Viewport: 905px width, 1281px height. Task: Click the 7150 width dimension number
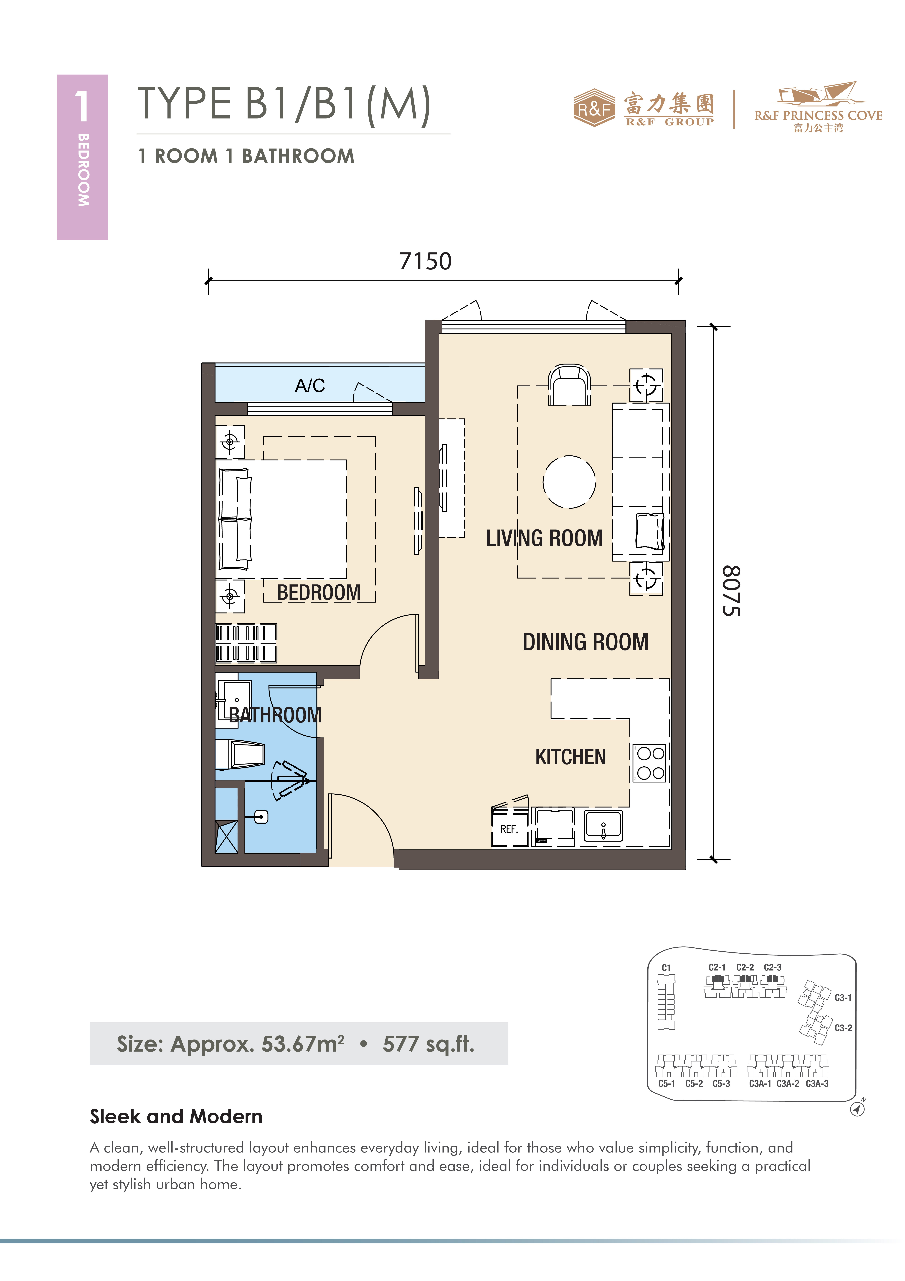coord(426,261)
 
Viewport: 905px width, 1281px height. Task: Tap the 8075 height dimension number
coord(731,591)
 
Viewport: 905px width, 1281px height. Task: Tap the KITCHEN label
coord(570,757)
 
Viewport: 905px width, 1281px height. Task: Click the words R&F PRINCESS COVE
coord(818,116)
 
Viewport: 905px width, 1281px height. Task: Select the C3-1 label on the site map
coord(843,998)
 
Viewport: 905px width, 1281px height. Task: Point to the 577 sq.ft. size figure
coord(428,1044)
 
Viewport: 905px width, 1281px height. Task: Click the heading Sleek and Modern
coord(176,1116)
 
